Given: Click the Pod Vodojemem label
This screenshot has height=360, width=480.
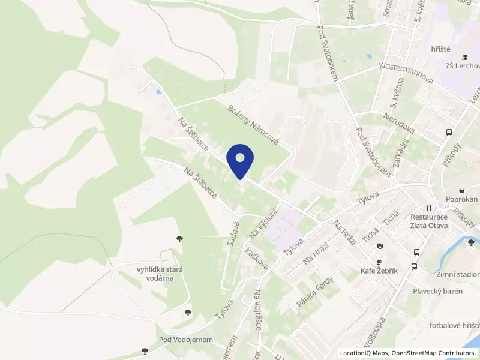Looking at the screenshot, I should (x=186, y=340).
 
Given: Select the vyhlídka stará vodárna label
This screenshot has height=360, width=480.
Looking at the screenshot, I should (x=151, y=274).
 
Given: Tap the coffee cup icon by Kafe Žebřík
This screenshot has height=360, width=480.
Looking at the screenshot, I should (x=379, y=262).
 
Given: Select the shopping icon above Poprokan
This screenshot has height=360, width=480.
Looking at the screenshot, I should (x=461, y=189).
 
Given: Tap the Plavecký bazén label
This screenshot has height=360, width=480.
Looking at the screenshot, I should (x=437, y=291).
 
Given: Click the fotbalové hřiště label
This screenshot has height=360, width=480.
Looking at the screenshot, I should (x=455, y=326).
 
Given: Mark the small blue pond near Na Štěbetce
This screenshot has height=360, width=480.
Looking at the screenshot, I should (x=158, y=92).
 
